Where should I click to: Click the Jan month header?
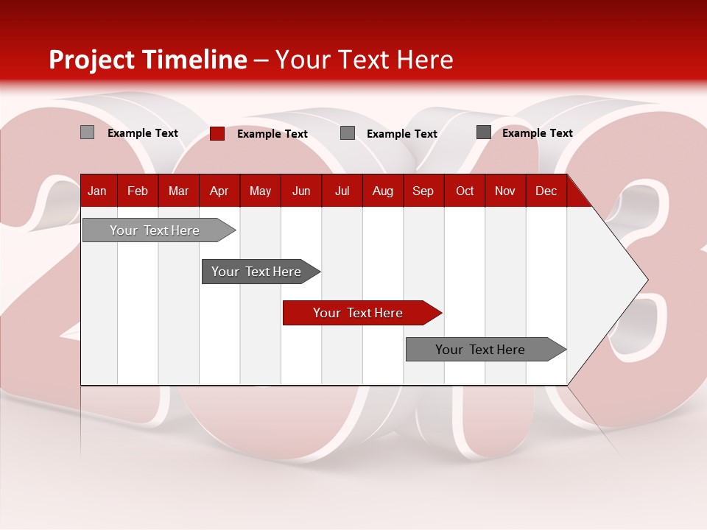click(97, 191)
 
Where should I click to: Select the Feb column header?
click(138, 191)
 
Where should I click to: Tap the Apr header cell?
click(219, 191)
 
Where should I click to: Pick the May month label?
click(260, 191)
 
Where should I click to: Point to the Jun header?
click(301, 191)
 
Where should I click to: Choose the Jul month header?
click(342, 191)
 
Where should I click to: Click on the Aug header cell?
click(383, 191)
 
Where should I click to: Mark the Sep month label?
click(423, 191)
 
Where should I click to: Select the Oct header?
click(465, 191)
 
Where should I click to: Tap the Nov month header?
click(505, 191)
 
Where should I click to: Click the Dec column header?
click(546, 191)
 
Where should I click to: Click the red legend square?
click(217, 133)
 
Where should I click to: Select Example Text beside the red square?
click(272, 134)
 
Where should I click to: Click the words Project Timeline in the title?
click(148, 60)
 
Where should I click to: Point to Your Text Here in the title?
click(365, 60)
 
